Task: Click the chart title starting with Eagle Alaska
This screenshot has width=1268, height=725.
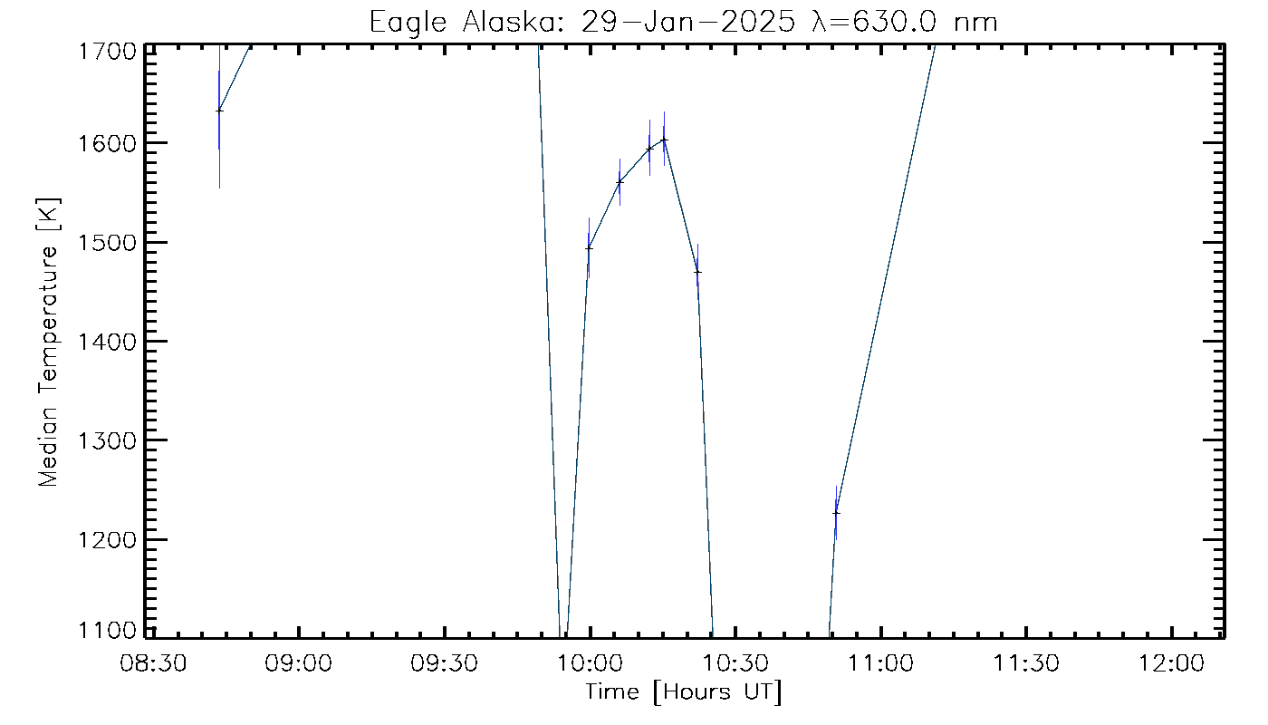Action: tap(683, 21)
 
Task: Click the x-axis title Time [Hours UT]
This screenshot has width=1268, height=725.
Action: tap(683, 693)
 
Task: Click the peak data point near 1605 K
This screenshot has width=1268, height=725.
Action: tap(664, 140)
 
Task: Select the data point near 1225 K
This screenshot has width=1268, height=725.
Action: tap(836, 513)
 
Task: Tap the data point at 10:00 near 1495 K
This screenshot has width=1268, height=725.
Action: tap(589, 247)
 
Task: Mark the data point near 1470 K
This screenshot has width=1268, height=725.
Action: tap(697, 271)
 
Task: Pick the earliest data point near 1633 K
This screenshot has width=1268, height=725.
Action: tap(219, 111)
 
